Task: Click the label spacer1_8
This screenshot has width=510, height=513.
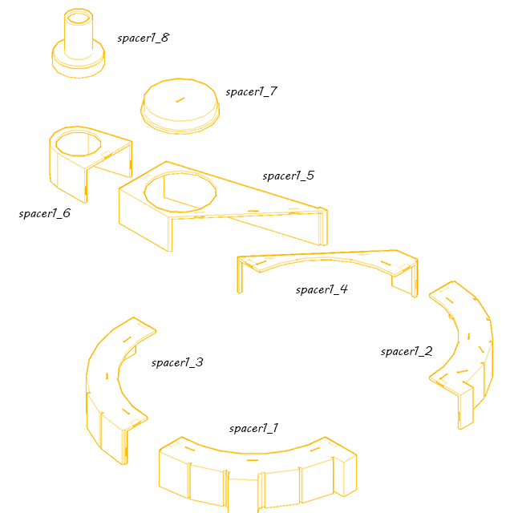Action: [144, 38]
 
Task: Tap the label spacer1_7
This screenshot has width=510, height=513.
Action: [252, 91]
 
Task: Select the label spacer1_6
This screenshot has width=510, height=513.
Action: [45, 213]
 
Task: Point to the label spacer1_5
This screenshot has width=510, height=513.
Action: [289, 176]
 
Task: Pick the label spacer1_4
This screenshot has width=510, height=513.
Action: [322, 289]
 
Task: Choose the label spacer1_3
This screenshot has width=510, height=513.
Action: [177, 362]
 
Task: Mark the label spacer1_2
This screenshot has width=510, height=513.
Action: [407, 351]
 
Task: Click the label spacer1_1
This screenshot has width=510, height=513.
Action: [253, 428]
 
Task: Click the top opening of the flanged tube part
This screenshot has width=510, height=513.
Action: [79, 16]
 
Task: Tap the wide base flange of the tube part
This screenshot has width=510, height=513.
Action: [79, 66]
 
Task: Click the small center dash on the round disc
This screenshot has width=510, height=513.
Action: [180, 99]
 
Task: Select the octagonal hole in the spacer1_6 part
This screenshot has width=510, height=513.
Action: [79, 143]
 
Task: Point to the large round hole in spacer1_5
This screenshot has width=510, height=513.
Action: [180, 192]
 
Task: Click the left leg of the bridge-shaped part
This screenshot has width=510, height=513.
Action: [240, 275]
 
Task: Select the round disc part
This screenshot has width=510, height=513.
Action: [180, 107]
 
